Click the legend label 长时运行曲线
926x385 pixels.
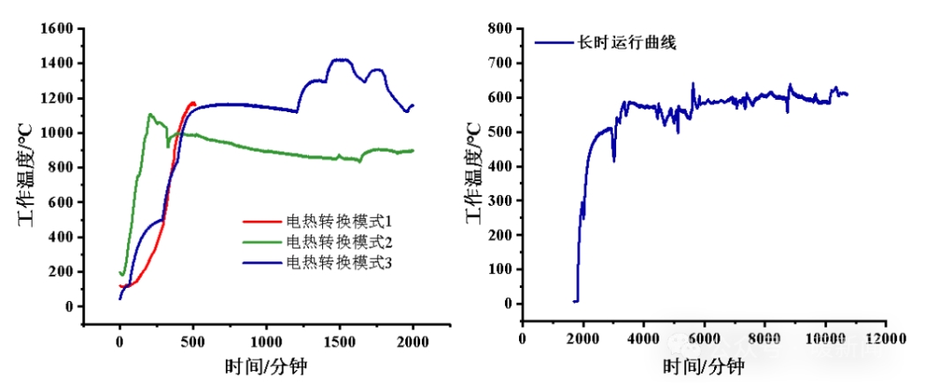click(x=626, y=42)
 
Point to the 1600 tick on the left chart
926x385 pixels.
click(x=56, y=29)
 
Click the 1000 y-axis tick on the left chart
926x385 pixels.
click(x=56, y=133)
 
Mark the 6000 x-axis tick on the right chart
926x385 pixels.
click(x=704, y=339)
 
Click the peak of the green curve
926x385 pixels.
click(x=151, y=114)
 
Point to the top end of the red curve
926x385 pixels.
click(x=192, y=102)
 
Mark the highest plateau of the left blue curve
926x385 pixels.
click(x=340, y=60)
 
